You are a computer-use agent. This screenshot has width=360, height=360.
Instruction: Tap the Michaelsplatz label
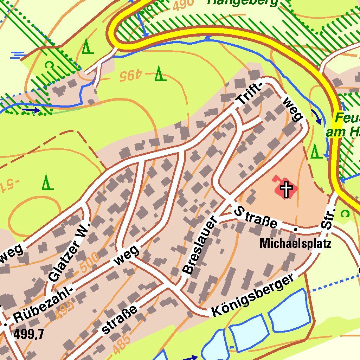pos(295,243)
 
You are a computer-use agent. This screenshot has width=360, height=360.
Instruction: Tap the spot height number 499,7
pos(29,334)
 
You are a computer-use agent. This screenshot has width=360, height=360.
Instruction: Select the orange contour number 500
pos(89,262)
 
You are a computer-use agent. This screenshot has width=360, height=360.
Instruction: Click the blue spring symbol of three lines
pos(18,55)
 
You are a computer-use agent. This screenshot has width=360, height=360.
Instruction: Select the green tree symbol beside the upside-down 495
pos(160,73)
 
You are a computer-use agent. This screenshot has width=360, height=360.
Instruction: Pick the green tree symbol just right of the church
pos(315,152)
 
